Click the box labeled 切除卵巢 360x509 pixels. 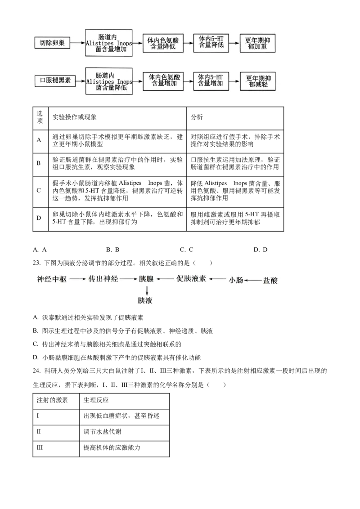point(52,43)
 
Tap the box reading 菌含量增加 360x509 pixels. point(109,43)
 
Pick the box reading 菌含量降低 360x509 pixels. point(109,81)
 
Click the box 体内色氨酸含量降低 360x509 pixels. point(163,43)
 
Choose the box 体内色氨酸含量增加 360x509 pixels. point(163,81)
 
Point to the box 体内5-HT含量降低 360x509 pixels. point(211,43)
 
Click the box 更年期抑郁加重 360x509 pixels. point(257,43)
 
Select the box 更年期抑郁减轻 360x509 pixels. point(257,81)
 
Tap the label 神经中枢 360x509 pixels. point(52,279)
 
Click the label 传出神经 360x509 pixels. point(103,279)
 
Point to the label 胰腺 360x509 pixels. point(146,279)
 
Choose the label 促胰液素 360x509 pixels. point(191,279)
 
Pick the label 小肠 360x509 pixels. point(236,280)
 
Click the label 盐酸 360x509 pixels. point(270,280)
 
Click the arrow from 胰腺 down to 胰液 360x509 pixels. point(147,290)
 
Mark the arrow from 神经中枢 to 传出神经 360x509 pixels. point(77,279)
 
